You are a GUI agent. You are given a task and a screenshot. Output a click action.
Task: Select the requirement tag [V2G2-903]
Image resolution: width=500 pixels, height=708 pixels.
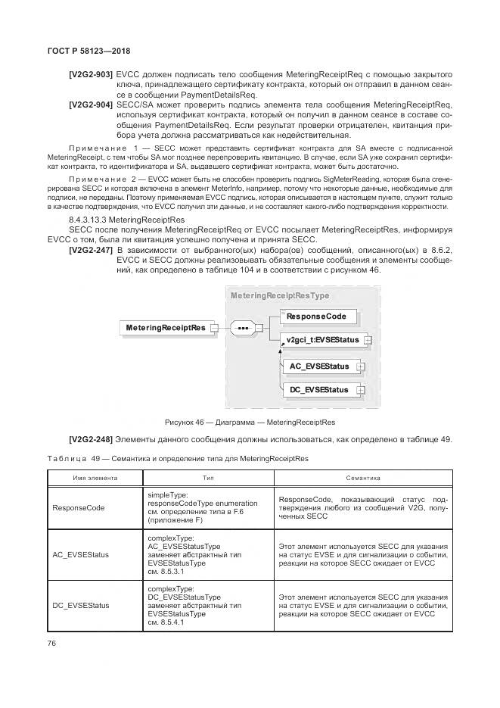tap(91, 75)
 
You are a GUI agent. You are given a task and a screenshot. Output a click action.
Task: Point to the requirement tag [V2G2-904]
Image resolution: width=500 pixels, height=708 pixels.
tap(91, 104)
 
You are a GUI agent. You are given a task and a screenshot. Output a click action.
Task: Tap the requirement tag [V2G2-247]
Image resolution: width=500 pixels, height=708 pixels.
tap(91, 249)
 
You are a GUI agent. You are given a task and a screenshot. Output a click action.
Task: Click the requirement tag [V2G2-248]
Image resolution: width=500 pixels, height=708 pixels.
tap(91, 441)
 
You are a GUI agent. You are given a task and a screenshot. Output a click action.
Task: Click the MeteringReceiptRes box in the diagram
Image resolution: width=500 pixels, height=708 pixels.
tap(165, 328)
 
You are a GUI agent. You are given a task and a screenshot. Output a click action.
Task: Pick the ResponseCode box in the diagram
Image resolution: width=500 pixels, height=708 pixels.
tap(317, 316)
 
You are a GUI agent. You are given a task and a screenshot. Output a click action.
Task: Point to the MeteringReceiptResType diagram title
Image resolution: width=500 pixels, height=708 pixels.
tap(280, 296)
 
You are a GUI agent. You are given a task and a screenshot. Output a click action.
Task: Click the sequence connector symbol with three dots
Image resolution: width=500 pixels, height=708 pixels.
tap(241, 328)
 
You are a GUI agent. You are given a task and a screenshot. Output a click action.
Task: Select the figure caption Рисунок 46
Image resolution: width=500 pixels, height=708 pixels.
tap(250, 422)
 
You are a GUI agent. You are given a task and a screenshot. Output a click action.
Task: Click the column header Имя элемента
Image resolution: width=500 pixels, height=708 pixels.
tap(95, 478)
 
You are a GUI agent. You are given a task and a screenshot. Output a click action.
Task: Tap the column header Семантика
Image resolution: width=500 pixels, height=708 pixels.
tap(363, 478)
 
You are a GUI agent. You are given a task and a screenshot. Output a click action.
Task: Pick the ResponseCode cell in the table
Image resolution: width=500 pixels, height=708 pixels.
tap(79, 508)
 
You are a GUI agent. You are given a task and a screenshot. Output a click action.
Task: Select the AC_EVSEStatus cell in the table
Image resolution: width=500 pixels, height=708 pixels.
tap(81, 554)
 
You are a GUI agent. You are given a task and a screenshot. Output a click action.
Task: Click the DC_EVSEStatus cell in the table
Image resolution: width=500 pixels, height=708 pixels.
tap(81, 605)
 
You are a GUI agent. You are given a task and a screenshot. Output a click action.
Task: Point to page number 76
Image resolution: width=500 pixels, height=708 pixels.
tap(52, 643)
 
